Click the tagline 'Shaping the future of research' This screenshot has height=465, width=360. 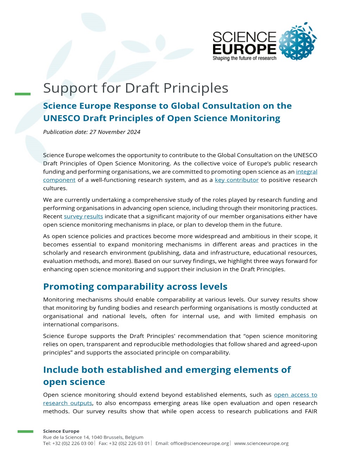(x=244, y=58)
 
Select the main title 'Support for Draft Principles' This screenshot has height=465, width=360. (x=136, y=88)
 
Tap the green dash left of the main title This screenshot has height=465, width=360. (x=23, y=94)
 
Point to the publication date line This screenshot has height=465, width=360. (x=92, y=132)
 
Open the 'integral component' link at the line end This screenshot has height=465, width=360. (x=307, y=172)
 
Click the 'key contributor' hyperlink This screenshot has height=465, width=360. (x=237, y=180)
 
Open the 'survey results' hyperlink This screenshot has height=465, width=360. (x=83, y=216)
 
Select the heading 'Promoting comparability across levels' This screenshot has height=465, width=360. (x=135, y=287)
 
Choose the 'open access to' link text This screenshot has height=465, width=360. (x=295, y=395)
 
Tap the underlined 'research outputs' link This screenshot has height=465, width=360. (x=67, y=403)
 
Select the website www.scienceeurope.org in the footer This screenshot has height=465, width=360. (x=261, y=443)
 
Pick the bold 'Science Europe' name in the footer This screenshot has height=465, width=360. (x=61, y=431)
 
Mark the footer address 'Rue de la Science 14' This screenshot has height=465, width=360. (x=66, y=437)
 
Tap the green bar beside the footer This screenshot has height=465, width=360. (x=25, y=431)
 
